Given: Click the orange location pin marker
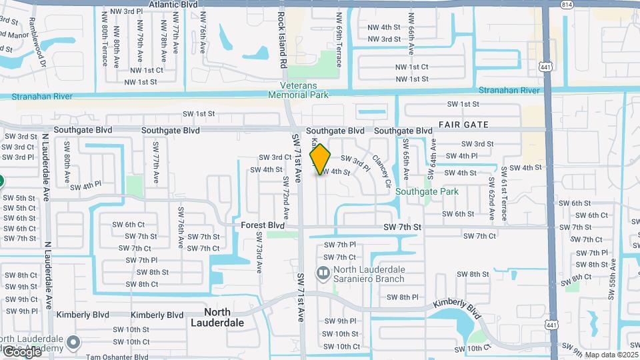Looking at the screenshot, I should (321, 159).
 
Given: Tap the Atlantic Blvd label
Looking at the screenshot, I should (173, 4).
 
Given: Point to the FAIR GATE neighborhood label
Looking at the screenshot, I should (463, 125).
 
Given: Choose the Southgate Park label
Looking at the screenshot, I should (427, 191).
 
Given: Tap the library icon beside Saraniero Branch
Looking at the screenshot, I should (323, 272).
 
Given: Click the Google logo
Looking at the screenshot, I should (22, 351).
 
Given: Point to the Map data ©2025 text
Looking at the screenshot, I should (611, 355).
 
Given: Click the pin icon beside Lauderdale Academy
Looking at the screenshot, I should (73, 343).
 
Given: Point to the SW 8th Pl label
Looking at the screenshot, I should (403, 297).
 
